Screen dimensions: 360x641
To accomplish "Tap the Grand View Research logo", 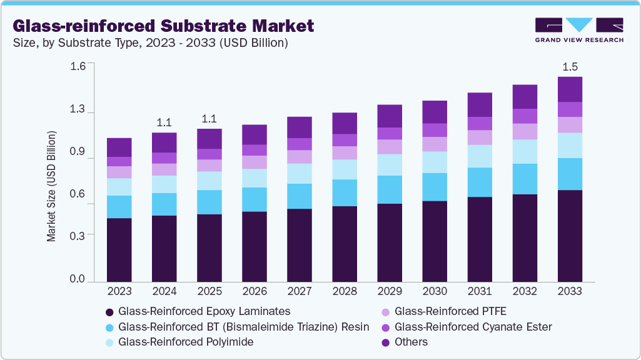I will pos(578,30).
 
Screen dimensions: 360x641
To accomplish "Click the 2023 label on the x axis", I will pos(119,292).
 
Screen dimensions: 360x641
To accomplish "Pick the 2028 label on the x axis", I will pos(345,292).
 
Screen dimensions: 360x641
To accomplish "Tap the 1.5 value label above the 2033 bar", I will pos(570,67).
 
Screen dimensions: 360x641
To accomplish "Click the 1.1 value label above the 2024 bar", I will pos(164,122).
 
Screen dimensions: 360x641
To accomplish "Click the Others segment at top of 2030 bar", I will pos(435,112).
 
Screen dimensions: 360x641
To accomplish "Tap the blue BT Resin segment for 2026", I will pos(255,199).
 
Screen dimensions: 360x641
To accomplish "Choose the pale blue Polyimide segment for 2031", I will pos(480,156).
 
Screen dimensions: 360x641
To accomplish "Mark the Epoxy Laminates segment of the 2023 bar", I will pos(119,250).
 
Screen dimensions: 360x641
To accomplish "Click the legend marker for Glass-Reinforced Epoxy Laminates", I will pos(110,311).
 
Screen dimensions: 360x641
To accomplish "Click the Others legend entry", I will pos(411,342).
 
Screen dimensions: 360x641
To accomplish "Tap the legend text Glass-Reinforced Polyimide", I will pos(186,342).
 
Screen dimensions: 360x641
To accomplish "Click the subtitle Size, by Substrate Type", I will pos(150,43).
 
